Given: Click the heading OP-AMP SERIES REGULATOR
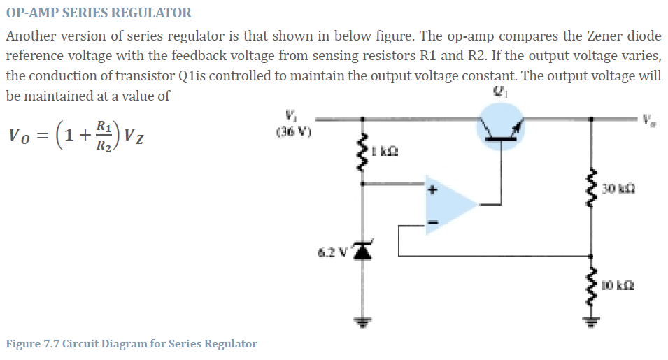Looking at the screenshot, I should point(99,13).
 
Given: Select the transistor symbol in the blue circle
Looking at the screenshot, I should point(499,127).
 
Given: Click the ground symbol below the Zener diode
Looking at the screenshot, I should point(362,323).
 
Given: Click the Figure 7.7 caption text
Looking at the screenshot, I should point(132,344).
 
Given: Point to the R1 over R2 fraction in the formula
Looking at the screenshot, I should point(102,134).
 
